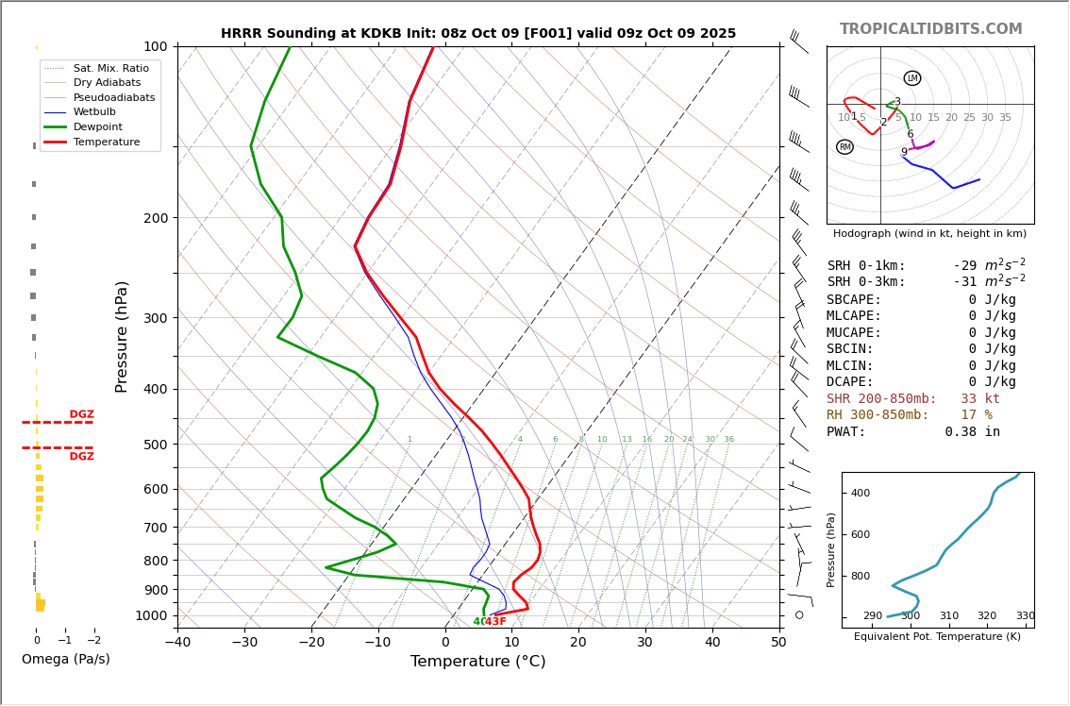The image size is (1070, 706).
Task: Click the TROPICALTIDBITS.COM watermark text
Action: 930,29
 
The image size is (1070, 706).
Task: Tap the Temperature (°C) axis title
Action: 477,662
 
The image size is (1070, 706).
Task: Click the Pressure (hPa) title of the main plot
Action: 122,336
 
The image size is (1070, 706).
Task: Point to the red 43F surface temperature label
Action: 495,622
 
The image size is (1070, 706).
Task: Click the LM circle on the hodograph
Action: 912,78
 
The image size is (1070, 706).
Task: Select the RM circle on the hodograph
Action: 844,147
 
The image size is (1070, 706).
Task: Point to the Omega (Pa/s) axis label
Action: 66,660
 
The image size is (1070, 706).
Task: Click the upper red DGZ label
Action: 82,414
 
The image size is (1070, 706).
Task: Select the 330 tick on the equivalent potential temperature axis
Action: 1025,616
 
